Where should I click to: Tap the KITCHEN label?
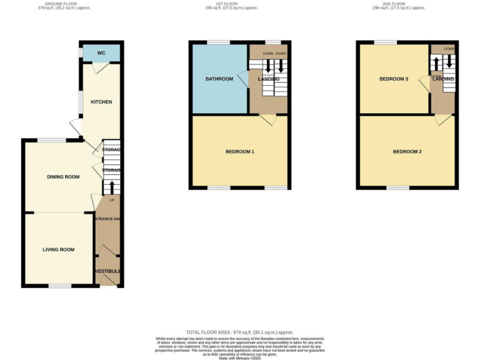point(101,102)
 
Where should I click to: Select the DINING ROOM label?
point(63,177)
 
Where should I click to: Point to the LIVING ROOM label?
point(58,249)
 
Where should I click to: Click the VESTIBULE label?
point(107,271)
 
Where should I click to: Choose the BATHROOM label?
point(219,79)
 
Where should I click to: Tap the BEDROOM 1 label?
point(239,152)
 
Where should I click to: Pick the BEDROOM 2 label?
point(407,152)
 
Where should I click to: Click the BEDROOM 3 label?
point(394,79)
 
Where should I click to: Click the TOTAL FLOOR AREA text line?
point(239,332)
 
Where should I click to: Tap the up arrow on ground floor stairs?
point(112,187)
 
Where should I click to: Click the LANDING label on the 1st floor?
point(268,79)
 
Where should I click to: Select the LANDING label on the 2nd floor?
point(443,79)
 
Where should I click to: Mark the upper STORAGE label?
point(111,150)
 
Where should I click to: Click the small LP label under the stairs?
point(112,200)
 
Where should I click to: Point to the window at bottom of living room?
point(60,286)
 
